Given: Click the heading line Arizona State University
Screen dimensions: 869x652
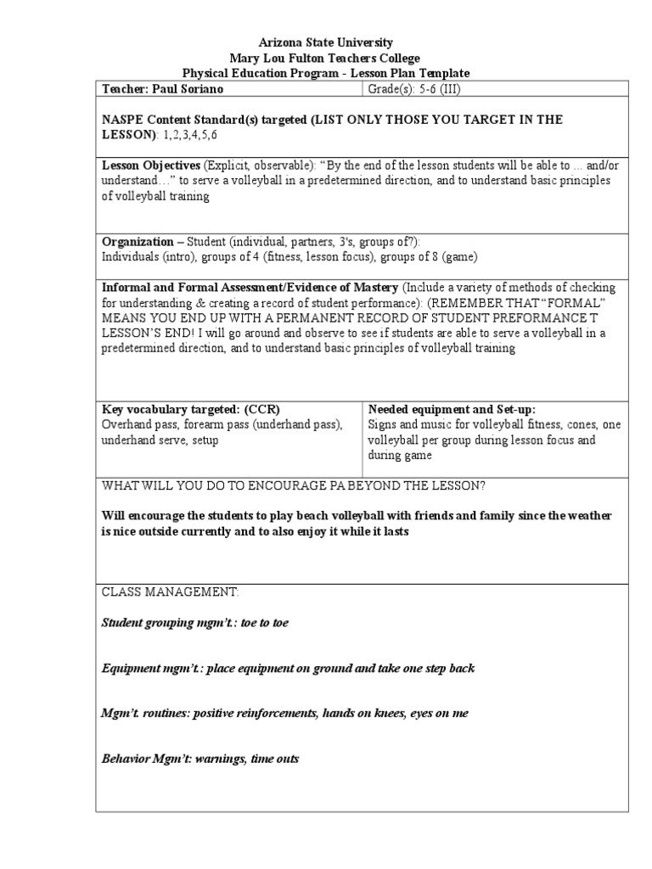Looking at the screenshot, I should click(x=326, y=42).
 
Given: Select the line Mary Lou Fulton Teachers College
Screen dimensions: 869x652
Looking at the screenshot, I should click(x=326, y=58).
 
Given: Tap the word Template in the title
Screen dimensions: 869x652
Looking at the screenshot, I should click(x=441, y=73).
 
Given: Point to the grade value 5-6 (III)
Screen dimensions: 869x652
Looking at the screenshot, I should click(x=436, y=89).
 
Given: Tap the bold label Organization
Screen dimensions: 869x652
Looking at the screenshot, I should click(x=138, y=241).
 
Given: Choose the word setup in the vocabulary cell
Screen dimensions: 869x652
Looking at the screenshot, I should click(x=203, y=440).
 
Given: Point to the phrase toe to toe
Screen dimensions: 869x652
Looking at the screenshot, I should click(x=265, y=623).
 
